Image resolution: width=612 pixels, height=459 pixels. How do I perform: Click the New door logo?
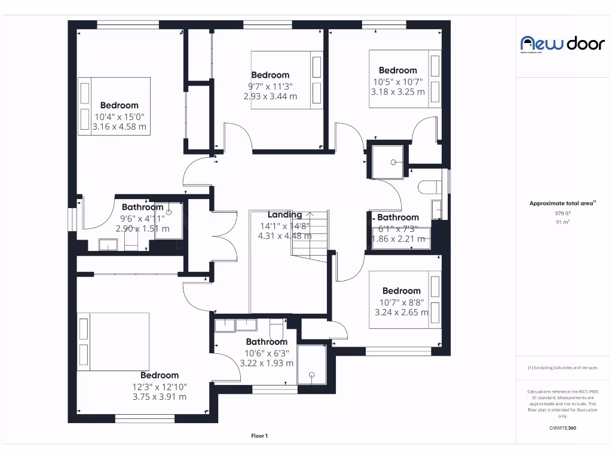pos(562,44)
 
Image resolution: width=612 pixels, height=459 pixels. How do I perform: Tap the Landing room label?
pos(284,215)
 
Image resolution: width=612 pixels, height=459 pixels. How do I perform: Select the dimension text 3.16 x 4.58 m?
pos(119,127)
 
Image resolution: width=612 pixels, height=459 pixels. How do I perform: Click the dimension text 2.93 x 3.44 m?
pos(270,96)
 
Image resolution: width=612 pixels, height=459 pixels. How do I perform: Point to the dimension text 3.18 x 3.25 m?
pos(397,92)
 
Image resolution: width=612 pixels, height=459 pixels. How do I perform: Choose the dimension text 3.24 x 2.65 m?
pos(401,312)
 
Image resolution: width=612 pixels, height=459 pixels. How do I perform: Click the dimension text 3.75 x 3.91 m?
pos(159,396)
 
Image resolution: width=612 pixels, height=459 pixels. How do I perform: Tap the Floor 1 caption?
pos(259,436)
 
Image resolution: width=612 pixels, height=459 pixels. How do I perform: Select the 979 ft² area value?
pos(562,213)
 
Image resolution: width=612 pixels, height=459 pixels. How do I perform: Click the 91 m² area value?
pos(562,222)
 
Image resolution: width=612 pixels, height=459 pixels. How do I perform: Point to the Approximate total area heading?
pos(562,203)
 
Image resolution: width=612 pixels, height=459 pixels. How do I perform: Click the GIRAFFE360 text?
pos(562,428)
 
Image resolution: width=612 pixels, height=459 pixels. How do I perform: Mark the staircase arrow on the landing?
pos(308,214)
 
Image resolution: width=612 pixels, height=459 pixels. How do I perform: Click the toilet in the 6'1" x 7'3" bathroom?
pos(429,187)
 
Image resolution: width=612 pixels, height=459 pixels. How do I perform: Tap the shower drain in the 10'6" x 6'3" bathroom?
pos(311,375)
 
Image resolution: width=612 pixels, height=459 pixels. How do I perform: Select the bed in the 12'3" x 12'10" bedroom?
pos(113,341)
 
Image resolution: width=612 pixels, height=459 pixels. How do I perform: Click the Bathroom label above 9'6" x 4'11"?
pos(142,207)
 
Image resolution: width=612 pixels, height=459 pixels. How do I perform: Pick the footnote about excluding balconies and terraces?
pos(562,368)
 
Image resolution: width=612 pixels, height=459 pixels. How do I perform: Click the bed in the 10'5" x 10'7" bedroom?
pos(405,79)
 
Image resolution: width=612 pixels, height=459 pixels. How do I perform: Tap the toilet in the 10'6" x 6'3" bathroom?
pos(276,328)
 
